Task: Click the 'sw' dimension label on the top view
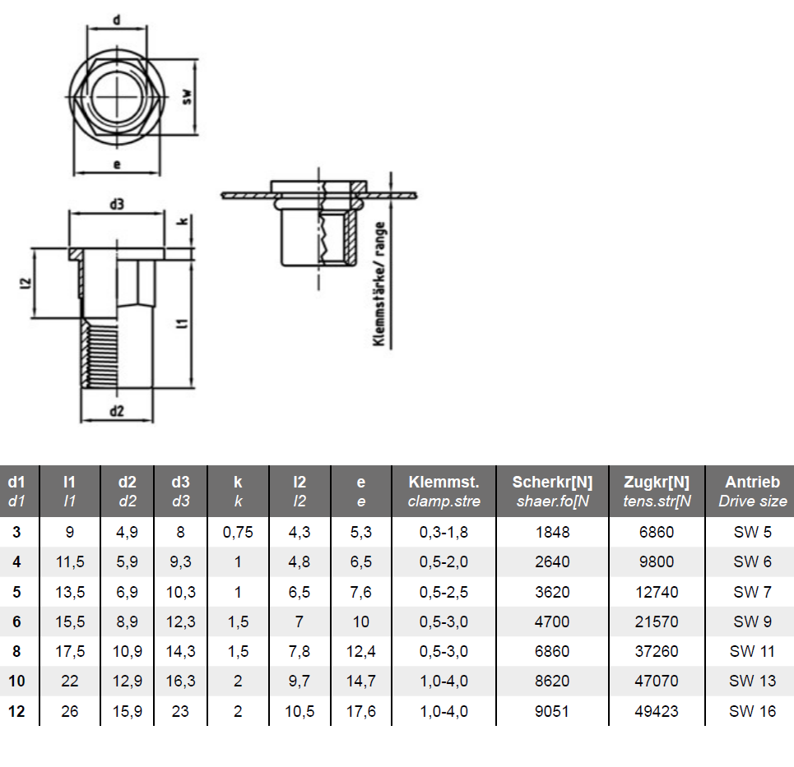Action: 188,97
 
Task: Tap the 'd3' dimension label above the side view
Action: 117,204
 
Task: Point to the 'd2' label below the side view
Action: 117,410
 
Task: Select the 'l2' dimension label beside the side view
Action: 26,284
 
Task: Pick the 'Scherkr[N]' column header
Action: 552,482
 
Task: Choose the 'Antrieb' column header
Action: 753,482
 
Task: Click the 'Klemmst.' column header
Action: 443,482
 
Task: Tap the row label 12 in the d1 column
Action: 16,711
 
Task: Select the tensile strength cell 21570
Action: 657,621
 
